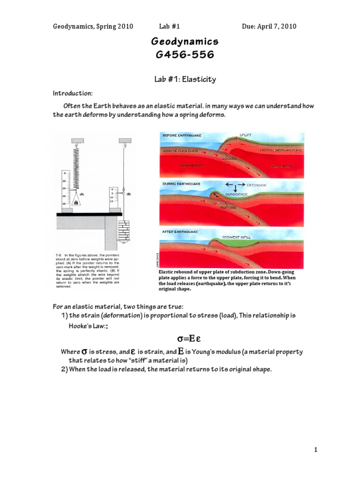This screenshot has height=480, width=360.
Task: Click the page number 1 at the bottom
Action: [316, 450]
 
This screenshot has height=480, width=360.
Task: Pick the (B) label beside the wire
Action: [128, 193]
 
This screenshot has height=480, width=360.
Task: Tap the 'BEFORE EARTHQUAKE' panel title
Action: [182, 135]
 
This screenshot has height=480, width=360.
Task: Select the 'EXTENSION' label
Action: [255, 185]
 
